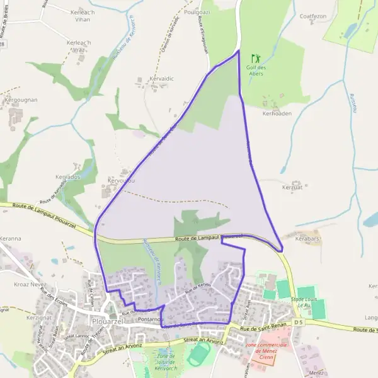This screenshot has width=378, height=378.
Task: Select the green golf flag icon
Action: (255, 58)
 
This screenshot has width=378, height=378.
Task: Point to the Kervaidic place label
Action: (161, 79)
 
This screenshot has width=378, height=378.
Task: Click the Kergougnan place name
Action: (21, 100)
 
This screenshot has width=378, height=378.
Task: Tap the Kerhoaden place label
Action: (277, 113)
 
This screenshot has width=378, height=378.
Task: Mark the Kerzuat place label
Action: (293, 187)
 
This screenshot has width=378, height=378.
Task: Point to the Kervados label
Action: (68, 178)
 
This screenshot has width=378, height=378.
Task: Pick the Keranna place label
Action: (11, 239)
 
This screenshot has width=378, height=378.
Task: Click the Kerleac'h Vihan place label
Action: (82, 16)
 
